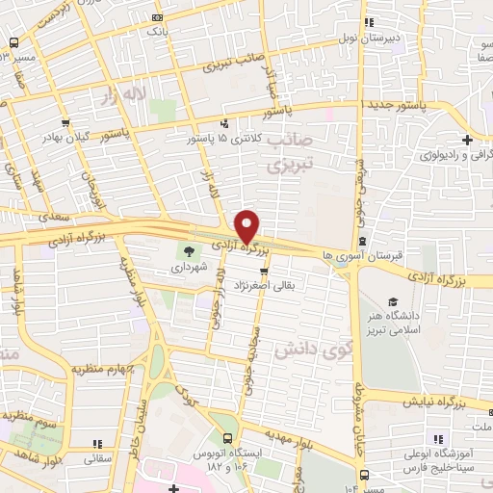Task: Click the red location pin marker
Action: click(247, 225)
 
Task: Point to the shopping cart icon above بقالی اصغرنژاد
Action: click(263, 272)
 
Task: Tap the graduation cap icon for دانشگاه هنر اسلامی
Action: click(392, 301)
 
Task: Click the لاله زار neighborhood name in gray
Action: click(124, 93)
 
